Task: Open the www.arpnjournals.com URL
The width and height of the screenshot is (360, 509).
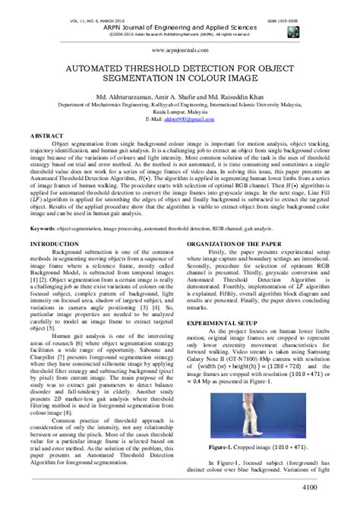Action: [x=179, y=48]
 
